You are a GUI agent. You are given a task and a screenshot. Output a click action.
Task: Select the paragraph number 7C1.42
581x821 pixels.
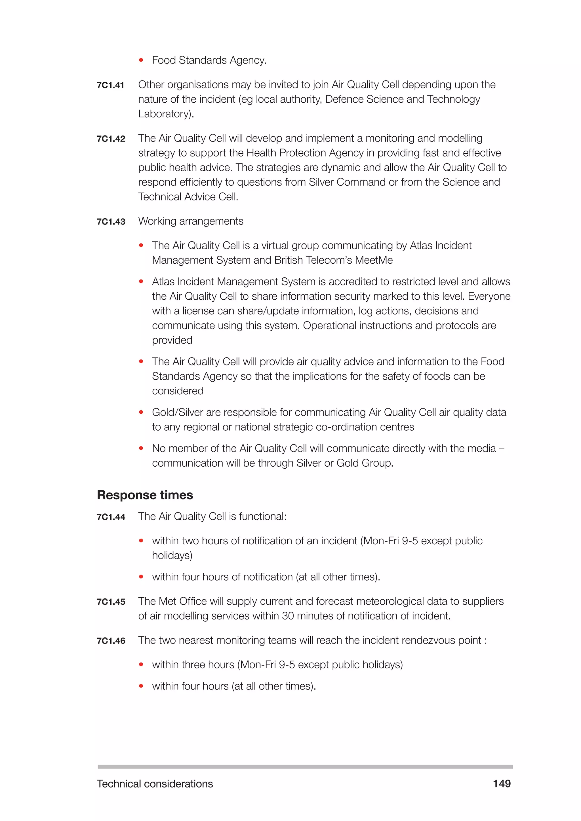pos(111,139)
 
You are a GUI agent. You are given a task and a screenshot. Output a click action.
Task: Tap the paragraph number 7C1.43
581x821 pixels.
pos(111,222)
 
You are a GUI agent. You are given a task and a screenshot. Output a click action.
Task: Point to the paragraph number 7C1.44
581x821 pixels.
pos(111,517)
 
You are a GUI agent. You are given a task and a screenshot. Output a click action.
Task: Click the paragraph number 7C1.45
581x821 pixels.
pos(111,602)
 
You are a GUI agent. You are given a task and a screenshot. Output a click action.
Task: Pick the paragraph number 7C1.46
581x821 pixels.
pos(111,641)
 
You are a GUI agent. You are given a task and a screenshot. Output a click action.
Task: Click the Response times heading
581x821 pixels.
pos(145,495)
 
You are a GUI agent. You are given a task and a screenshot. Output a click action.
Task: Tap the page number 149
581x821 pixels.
pos(502,784)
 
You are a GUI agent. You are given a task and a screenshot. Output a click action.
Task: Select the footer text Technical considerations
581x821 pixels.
pos(155,784)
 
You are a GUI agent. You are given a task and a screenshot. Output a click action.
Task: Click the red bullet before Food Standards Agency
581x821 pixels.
pos(141,60)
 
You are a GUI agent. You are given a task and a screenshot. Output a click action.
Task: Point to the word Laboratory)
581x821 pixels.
pos(166,114)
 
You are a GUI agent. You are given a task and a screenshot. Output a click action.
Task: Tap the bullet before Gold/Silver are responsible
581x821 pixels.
pos(141,412)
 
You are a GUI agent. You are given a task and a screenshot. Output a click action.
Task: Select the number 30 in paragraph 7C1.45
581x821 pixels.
pos(288,616)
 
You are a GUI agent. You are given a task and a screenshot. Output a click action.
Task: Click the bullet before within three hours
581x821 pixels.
pos(141,665)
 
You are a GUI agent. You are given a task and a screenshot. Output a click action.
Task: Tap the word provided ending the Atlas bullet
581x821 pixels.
pos(172,340)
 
